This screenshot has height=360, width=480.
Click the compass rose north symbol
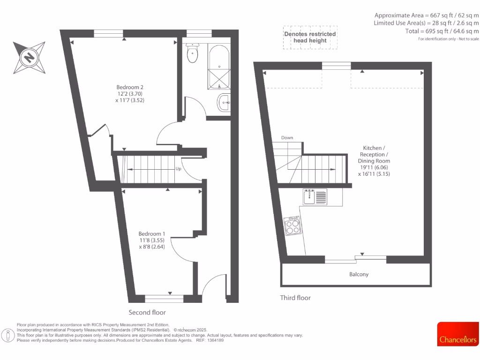point(30,58)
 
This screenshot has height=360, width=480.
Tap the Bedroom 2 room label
point(130,87)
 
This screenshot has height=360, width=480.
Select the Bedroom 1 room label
point(151,234)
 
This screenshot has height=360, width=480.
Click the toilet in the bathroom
point(192,53)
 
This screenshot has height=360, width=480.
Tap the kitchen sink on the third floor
point(315,196)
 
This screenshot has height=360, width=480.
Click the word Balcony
point(359,274)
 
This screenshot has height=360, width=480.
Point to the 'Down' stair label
point(287,138)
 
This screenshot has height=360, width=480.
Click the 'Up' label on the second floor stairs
point(178,169)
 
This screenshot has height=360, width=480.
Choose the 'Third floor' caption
point(295,298)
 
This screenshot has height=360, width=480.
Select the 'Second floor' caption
point(147,312)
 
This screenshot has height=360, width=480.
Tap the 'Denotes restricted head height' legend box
point(310,37)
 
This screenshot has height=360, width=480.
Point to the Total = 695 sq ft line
point(442,31)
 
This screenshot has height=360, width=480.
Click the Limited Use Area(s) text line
point(426,23)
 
